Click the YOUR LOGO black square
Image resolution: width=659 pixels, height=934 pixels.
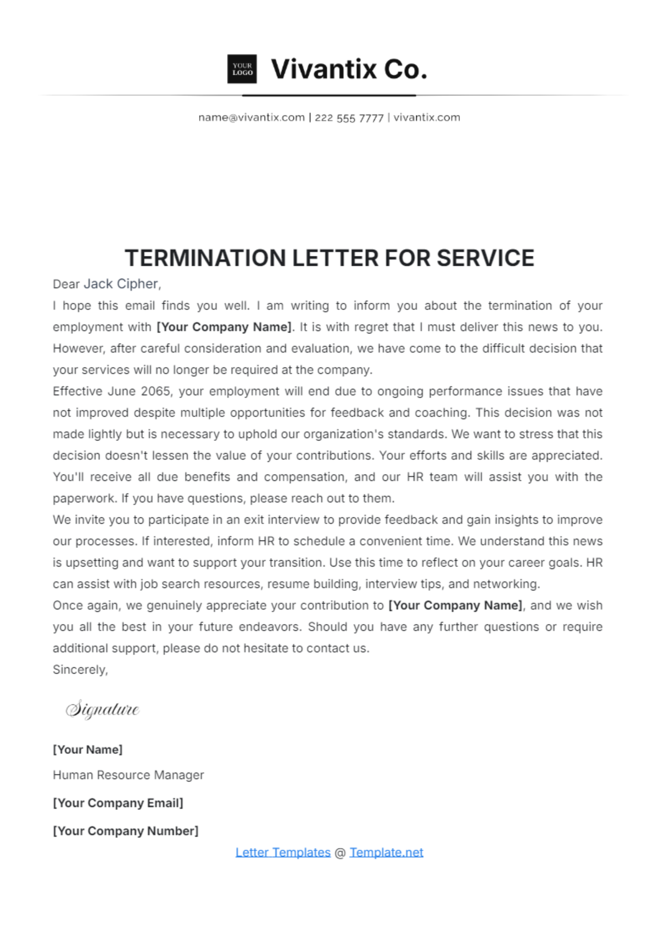pyautogui.click(x=242, y=69)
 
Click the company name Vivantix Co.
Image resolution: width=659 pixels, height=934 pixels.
pyautogui.click(x=349, y=69)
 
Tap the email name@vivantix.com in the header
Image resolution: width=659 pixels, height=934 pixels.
pyautogui.click(x=252, y=118)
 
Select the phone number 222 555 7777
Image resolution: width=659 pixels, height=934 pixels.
pyautogui.click(x=349, y=118)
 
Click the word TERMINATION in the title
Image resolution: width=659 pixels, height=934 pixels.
pyautogui.click(x=205, y=258)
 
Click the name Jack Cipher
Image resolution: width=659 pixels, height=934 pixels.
pyautogui.click(x=121, y=284)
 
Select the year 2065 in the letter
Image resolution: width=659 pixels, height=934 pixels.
pyautogui.click(x=156, y=392)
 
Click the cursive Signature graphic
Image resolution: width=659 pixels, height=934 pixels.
pyautogui.click(x=103, y=709)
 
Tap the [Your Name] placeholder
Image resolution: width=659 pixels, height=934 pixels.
pyautogui.click(x=88, y=750)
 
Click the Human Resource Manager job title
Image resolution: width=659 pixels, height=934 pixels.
pyautogui.click(x=128, y=775)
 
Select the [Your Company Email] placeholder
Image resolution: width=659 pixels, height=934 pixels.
pyautogui.click(x=118, y=803)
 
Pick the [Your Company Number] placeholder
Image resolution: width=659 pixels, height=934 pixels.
pyautogui.click(x=125, y=831)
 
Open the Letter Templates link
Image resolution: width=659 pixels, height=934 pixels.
pyautogui.click(x=283, y=852)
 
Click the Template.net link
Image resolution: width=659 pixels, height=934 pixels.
pyautogui.click(x=386, y=852)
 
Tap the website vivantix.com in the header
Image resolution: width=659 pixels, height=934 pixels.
pyautogui.click(x=427, y=118)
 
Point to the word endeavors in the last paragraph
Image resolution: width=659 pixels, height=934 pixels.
pyautogui.click(x=269, y=627)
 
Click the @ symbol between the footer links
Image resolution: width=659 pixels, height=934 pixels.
pyautogui.click(x=340, y=853)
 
